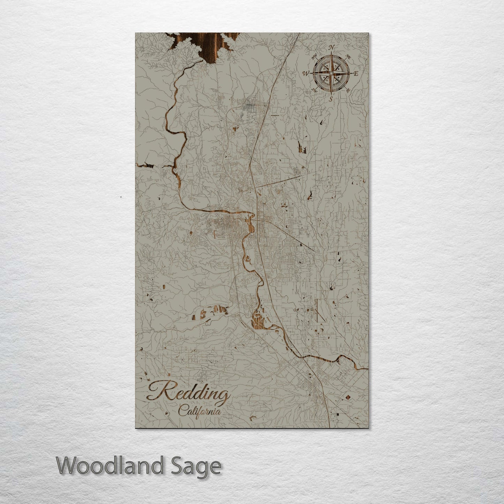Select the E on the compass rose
pos(356,74)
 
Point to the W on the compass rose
pos(306,73)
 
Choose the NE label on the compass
pos(348,56)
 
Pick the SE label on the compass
pos(348,90)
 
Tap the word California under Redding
pos(200,411)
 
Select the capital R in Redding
pos(158,391)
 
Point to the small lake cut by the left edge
pos(144,165)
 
